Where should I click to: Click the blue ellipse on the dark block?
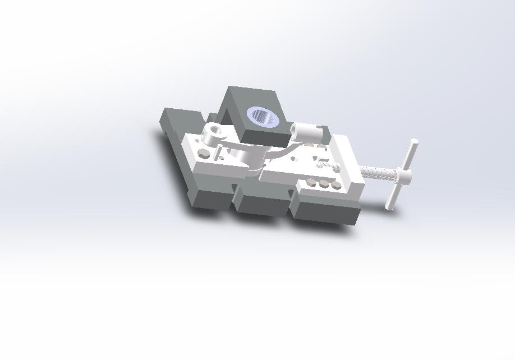click(x=263, y=116)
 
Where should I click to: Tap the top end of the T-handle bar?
click(x=413, y=142)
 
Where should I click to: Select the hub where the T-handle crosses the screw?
click(x=404, y=177)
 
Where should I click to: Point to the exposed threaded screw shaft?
click(x=378, y=171)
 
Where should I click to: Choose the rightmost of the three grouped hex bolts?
click(x=335, y=184)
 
